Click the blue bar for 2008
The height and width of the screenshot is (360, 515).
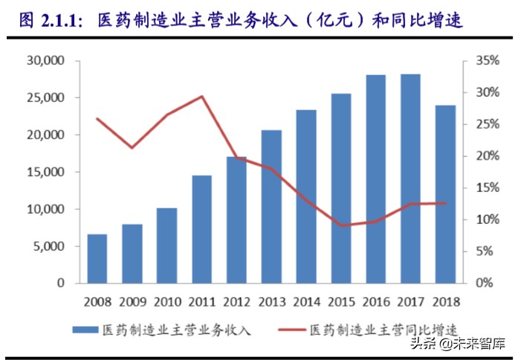[x=97, y=259]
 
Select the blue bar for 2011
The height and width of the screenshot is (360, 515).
[x=201, y=229]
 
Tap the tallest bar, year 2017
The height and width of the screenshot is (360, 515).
[x=410, y=179]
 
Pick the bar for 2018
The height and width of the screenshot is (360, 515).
[x=445, y=194]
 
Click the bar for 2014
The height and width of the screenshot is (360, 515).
[x=306, y=196]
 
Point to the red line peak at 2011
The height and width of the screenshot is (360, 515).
[x=201, y=96]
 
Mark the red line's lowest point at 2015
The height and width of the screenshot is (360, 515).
[x=340, y=225]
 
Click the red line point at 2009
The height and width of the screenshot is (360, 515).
[x=132, y=148]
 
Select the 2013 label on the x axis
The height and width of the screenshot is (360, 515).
[x=271, y=302]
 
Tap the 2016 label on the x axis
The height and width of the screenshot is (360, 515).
[x=375, y=302]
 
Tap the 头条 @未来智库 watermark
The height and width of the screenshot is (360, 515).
[x=461, y=344]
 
